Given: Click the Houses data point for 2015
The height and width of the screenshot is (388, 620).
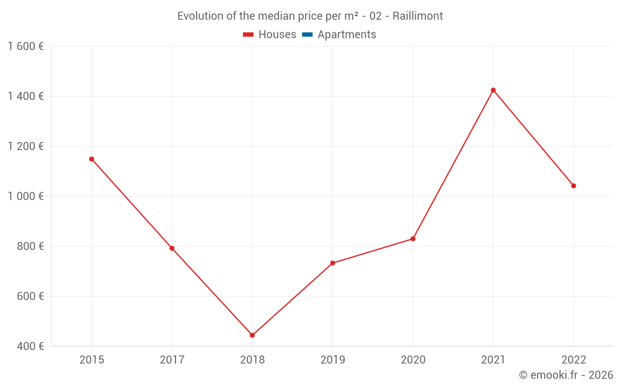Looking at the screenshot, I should (92, 159).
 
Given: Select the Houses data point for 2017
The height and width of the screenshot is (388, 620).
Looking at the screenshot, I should (172, 248).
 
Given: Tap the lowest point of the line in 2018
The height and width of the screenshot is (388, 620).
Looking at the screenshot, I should (252, 335).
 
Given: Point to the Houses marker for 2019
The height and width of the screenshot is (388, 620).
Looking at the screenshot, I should (332, 263).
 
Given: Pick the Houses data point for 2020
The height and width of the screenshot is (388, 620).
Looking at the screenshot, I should (413, 239).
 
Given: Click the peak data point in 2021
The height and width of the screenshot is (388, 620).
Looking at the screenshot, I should (494, 90).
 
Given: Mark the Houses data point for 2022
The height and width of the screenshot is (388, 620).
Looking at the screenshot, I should (573, 186).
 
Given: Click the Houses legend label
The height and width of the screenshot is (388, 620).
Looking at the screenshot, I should (277, 35).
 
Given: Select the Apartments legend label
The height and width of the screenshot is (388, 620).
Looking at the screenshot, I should (347, 35).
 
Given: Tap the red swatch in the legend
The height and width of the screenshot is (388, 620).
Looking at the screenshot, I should (249, 35).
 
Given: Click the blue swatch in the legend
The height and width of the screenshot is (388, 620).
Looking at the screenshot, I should (307, 35).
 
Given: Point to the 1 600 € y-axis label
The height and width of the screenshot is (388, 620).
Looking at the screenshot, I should (25, 47).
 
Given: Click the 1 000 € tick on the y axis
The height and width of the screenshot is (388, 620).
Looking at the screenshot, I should (25, 196).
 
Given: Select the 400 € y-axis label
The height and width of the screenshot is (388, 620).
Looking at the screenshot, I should (29, 346).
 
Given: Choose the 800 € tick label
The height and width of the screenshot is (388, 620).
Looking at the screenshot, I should (29, 246).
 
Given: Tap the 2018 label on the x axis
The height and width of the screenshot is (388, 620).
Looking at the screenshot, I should (252, 360).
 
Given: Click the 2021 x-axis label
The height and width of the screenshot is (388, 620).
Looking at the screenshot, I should (494, 360).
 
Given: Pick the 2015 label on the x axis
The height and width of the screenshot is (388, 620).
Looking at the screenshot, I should (92, 360).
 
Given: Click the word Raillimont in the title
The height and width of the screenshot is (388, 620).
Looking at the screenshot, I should (418, 16).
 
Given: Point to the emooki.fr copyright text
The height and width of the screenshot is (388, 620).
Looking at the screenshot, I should (566, 375).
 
